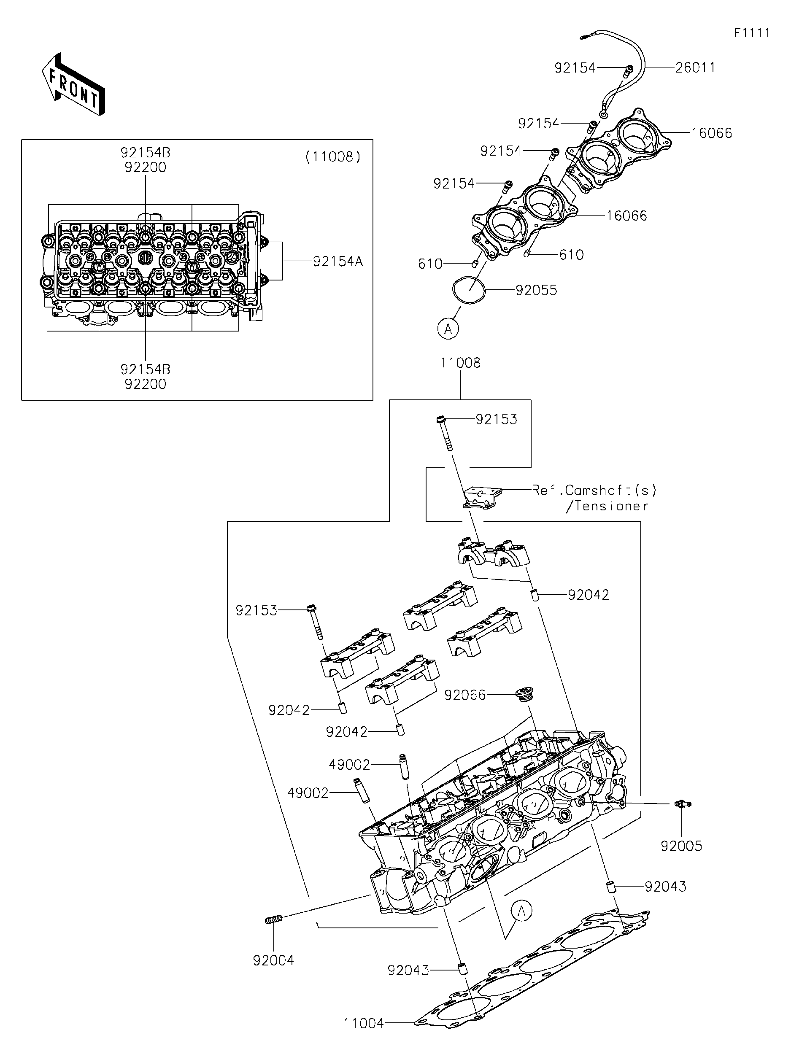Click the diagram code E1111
click(x=752, y=33)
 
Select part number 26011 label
click(x=695, y=68)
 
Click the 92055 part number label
click(x=536, y=290)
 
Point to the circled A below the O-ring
click(x=448, y=329)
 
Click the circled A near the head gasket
click(x=521, y=911)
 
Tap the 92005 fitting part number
click(x=681, y=846)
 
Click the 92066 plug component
click(x=524, y=695)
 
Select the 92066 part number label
click(x=464, y=696)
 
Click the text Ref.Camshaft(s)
click(x=594, y=491)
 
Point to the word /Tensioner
click(x=607, y=506)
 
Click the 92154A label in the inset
click(x=337, y=261)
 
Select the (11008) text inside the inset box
click(x=333, y=156)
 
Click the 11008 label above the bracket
click(x=460, y=363)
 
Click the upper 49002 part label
click(x=349, y=765)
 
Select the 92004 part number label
click(x=273, y=960)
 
